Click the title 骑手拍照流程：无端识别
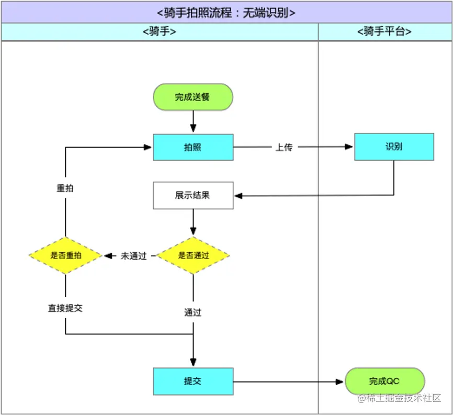pos(226,12)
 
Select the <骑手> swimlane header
pos(159,31)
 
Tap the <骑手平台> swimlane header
pos(384,31)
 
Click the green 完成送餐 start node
pos(192,97)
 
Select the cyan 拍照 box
pos(192,147)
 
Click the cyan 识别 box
pos(394,147)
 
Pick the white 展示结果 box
pos(192,195)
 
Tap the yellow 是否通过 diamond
pos(193,255)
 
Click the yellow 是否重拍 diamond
pos(65,255)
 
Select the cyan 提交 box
pos(192,381)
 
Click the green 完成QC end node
pos(384,381)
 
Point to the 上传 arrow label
pos(284,148)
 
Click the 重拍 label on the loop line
pos(65,188)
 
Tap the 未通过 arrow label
pos(133,256)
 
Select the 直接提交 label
pos(65,308)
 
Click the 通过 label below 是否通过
pos(192,312)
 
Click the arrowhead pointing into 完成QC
pos(341,382)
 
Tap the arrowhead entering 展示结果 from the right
pos(238,196)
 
